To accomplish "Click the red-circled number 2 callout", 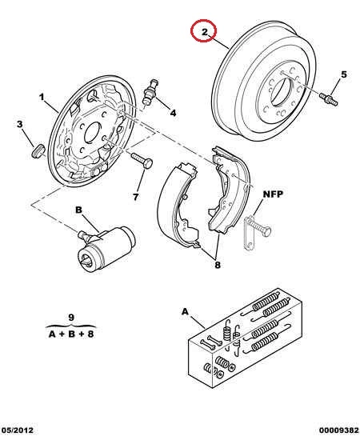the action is [x=204, y=30].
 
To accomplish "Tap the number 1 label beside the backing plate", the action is [x=42, y=97].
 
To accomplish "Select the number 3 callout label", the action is [x=19, y=124].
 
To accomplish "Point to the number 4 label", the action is [x=173, y=113].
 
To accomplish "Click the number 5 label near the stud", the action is [x=344, y=74].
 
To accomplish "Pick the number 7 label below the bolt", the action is [x=135, y=197].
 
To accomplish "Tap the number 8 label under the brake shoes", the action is [x=218, y=265].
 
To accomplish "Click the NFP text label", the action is [x=273, y=194].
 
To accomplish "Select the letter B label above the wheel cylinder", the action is [x=78, y=210].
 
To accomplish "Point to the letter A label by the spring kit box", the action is [x=185, y=311].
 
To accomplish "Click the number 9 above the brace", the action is [x=71, y=317].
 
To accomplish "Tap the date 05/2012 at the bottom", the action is [x=17, y=430].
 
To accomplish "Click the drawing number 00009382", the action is [x=338, y=430].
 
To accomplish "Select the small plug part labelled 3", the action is [x=38, y=150].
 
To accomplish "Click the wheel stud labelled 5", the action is [x=329, y=99].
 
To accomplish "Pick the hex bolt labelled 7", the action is [x=142, y=161].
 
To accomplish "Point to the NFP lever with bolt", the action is [x=255, y=230].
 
